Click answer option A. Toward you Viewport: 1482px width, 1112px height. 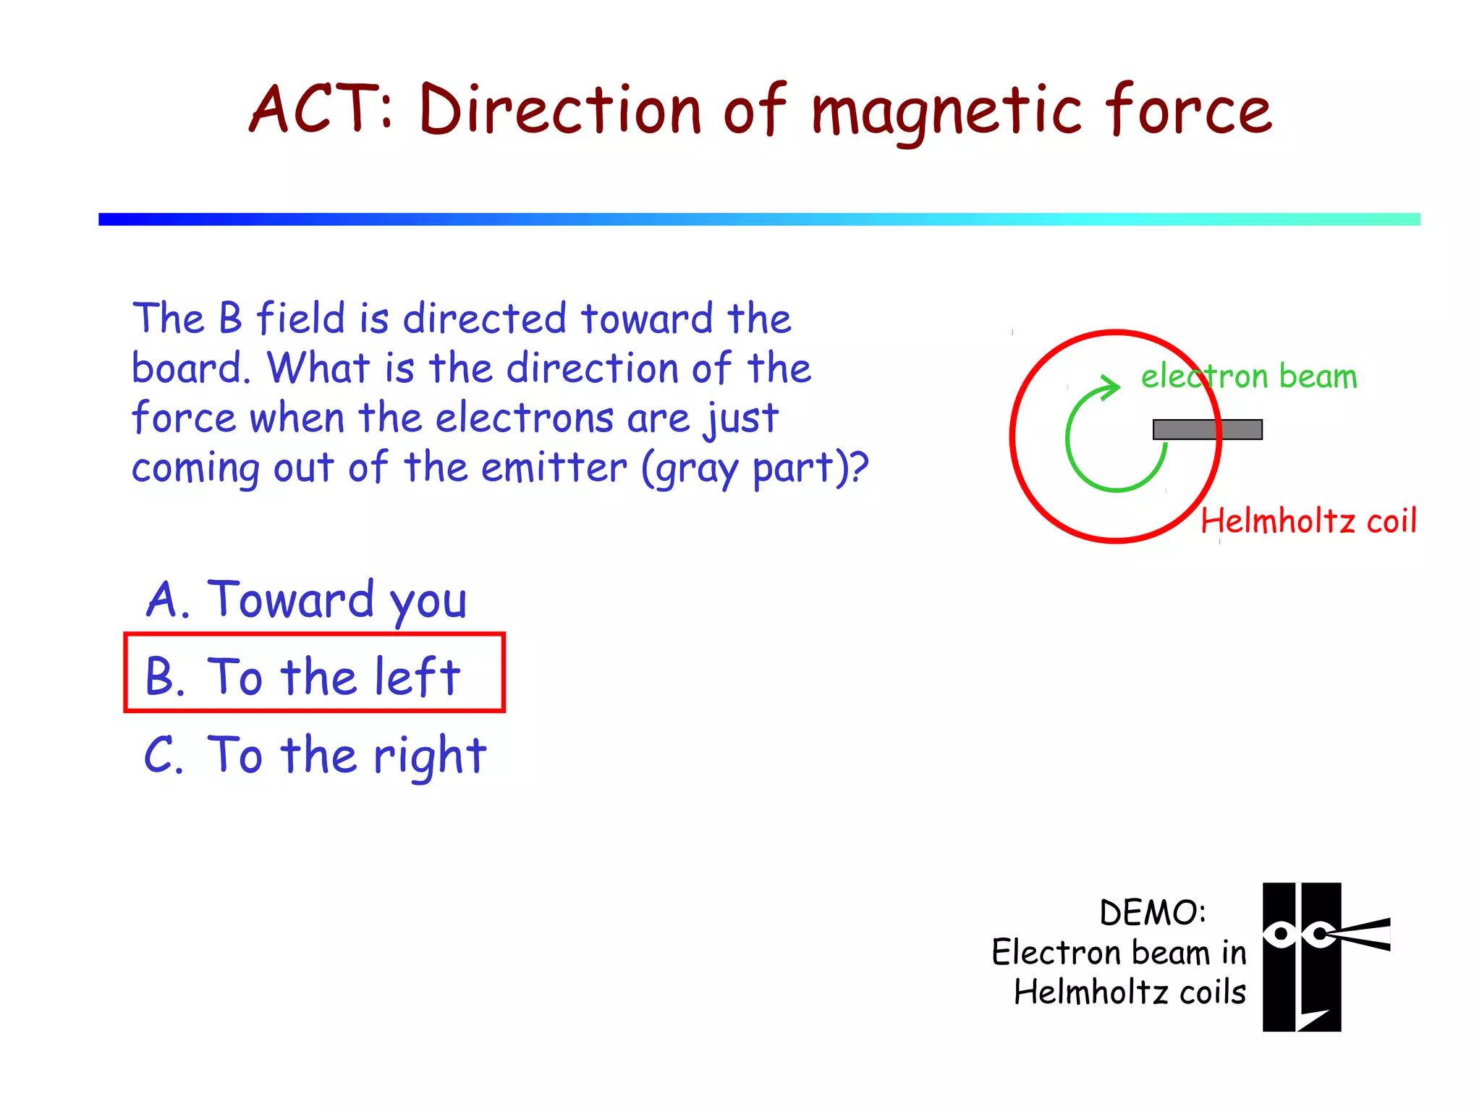307,600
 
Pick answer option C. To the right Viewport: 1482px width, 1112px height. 316,755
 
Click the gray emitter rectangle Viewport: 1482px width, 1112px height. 1207,429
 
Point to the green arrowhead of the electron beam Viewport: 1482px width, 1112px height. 1107,388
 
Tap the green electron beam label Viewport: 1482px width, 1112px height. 1249,376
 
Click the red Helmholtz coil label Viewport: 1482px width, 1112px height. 1308,521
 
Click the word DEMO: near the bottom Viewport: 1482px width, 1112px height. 1153,912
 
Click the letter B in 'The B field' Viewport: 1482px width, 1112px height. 230,319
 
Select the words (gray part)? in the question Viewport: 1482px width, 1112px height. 755,468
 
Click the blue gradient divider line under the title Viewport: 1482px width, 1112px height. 759,219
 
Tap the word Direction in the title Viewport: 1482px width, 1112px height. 561,110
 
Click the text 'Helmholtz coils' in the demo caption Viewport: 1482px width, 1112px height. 1130,992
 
